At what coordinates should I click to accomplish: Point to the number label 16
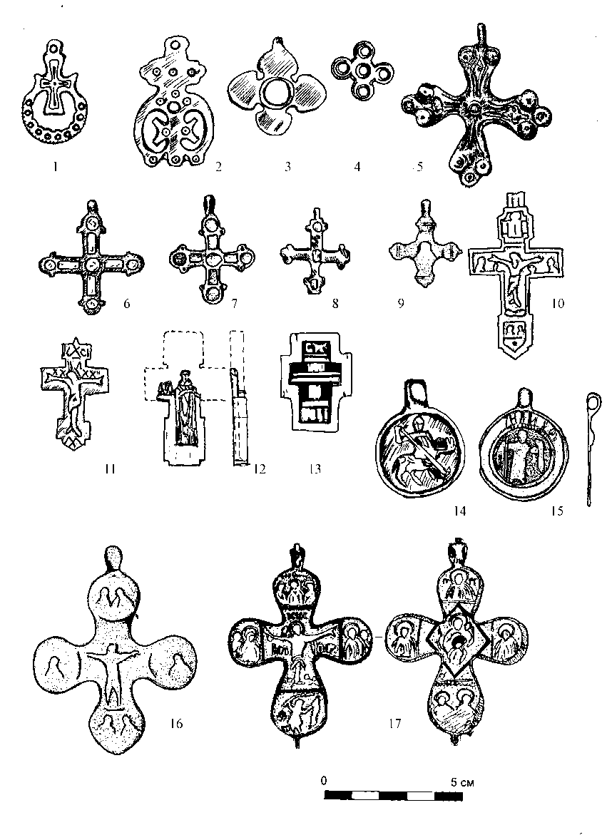click(x=176, y=724)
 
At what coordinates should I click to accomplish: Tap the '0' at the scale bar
click(x=324, y=780)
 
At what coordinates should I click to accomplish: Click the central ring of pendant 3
click(x=270, y=92)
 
